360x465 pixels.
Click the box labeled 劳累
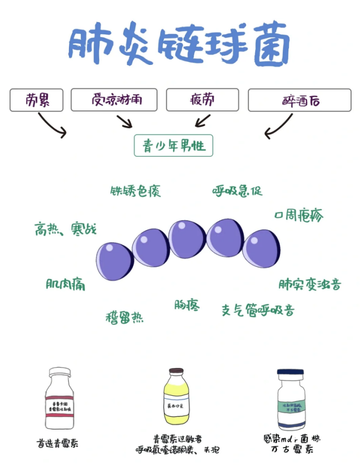36,100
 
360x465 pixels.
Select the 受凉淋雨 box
114,100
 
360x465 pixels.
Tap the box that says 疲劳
202,100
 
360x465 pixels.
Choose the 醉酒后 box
300,100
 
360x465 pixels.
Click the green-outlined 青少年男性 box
173,146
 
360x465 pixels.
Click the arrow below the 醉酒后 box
279,126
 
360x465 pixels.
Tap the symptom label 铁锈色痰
135,191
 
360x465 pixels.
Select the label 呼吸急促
237,190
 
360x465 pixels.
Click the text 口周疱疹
298,215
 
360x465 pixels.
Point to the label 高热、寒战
66,229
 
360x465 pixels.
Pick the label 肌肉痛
66,284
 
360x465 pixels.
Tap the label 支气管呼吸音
258,310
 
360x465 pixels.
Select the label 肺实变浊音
310,284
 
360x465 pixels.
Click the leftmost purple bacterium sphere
114,261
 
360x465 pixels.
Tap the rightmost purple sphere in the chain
261,249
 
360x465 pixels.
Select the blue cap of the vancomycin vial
290,372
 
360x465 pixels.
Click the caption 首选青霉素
57,443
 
